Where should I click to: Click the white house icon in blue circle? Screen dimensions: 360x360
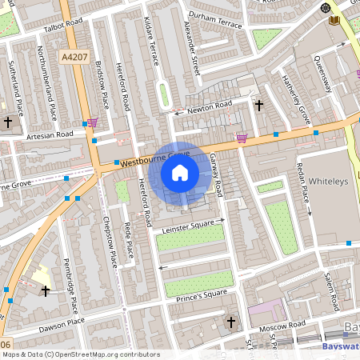(x=180, y=173)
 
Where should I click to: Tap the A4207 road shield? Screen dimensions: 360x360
(x=73, y=58)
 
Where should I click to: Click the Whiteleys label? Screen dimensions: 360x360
(x=329, y=182)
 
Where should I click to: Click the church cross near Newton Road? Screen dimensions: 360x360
(x=258, y=105)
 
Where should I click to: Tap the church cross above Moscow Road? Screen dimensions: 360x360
(x=232, y=322)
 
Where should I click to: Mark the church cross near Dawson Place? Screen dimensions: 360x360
(x=45, y=290)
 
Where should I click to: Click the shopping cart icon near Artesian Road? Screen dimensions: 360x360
(x=93, y=122)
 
